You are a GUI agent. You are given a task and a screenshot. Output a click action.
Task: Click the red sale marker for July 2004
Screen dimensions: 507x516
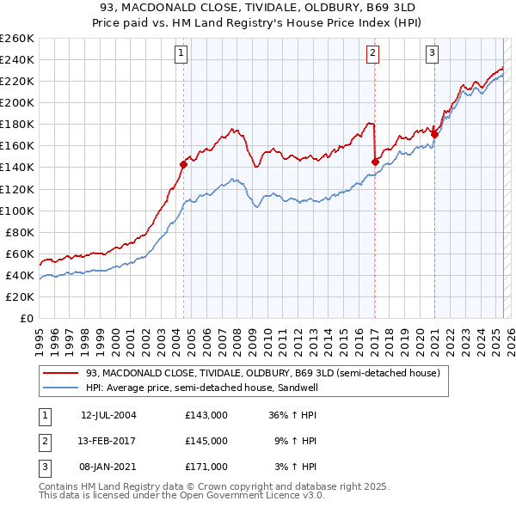(x=183, y=164)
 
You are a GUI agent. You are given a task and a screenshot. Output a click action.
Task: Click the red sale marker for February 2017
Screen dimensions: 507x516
(x=375, y=162)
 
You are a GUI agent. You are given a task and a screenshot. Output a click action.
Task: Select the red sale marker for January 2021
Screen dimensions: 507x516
(x=434, y=134)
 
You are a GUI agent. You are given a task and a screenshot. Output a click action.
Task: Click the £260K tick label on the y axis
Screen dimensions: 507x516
(x=16, y=39)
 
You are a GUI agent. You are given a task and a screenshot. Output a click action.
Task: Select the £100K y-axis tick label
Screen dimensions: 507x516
(x=16, y=211)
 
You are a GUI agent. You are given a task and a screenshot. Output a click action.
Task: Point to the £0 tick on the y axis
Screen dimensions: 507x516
(x=26, y=318)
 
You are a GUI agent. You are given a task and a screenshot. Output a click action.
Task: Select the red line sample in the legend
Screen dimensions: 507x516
(x=61, y=373)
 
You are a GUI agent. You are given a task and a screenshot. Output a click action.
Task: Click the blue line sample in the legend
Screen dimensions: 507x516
(x=61, y=388)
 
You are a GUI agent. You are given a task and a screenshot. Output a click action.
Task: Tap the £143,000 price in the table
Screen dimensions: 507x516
(x=206, y=415)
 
